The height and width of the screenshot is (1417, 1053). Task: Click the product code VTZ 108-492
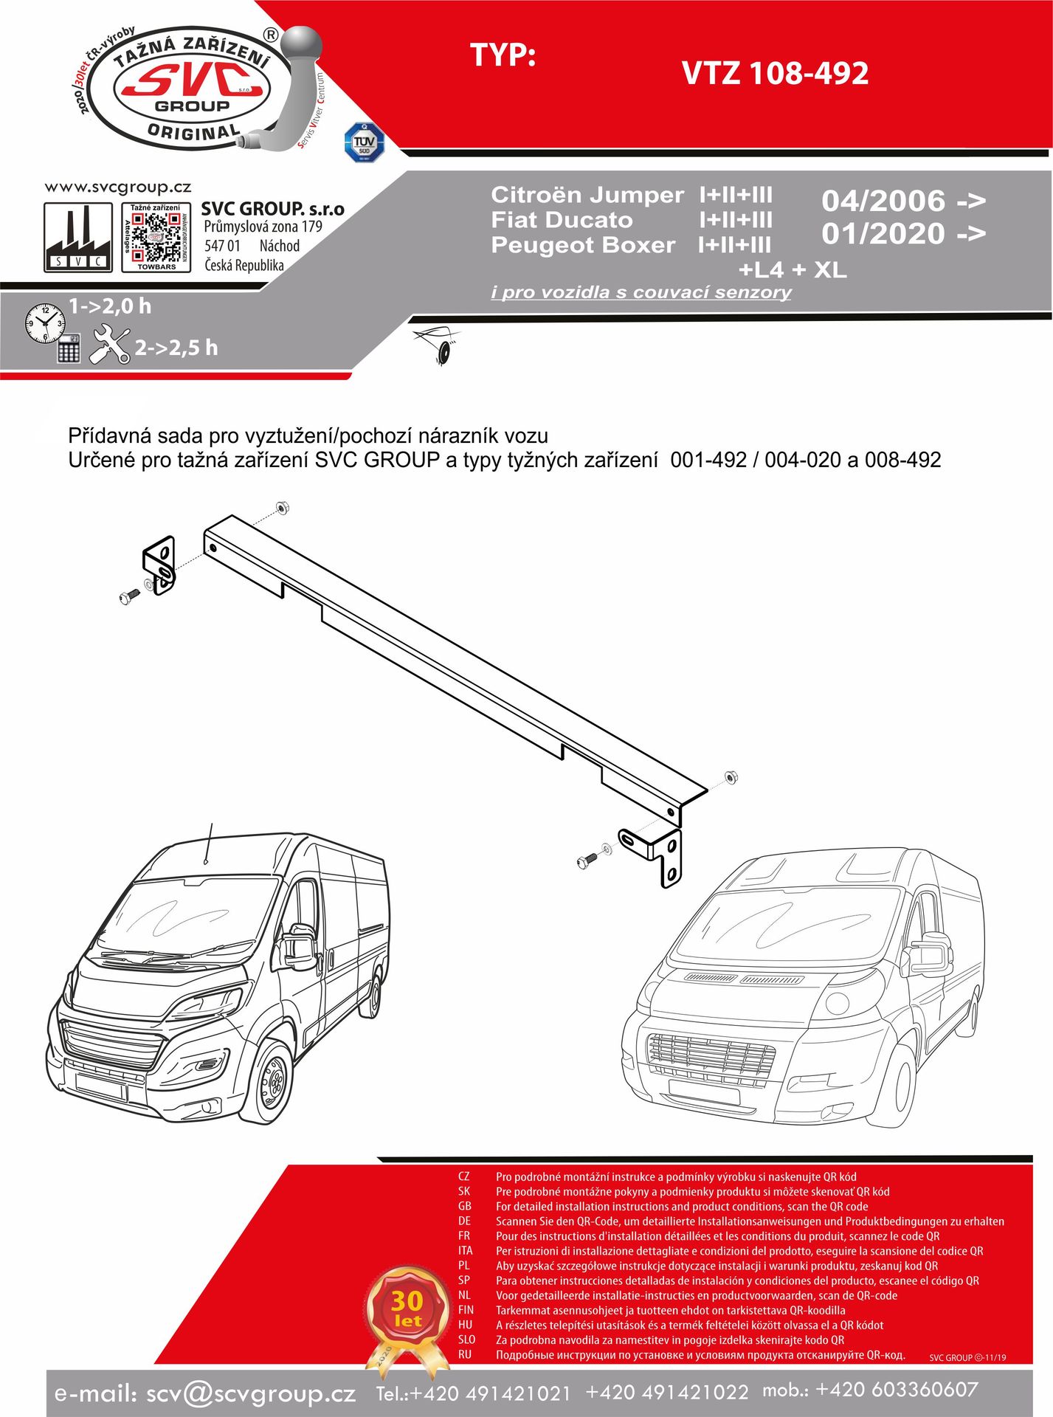[775, 73]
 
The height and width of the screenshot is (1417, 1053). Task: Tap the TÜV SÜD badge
[364, 142]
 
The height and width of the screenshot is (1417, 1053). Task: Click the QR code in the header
[156, 237]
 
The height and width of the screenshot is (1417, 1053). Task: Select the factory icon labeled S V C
[78, 238]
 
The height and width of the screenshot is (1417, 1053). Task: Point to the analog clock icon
[44, 323]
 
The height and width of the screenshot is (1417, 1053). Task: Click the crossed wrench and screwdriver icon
[109, 345]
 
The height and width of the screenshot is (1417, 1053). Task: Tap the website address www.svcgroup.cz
[118, 187]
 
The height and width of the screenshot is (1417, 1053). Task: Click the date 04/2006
[883, 201]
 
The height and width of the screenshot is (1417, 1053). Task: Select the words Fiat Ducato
[562, 220]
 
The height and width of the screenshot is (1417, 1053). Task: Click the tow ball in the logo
[303, 47]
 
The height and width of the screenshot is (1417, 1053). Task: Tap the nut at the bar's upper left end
[282, 508]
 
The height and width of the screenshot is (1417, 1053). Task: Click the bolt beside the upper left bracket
[129, 596]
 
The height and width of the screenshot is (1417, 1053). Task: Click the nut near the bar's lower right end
[731, 777]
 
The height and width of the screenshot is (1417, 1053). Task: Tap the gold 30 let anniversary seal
[407, 1310]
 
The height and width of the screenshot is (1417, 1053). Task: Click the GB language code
[465, 1206]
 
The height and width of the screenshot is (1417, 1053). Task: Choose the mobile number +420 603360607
[897, 1389]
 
